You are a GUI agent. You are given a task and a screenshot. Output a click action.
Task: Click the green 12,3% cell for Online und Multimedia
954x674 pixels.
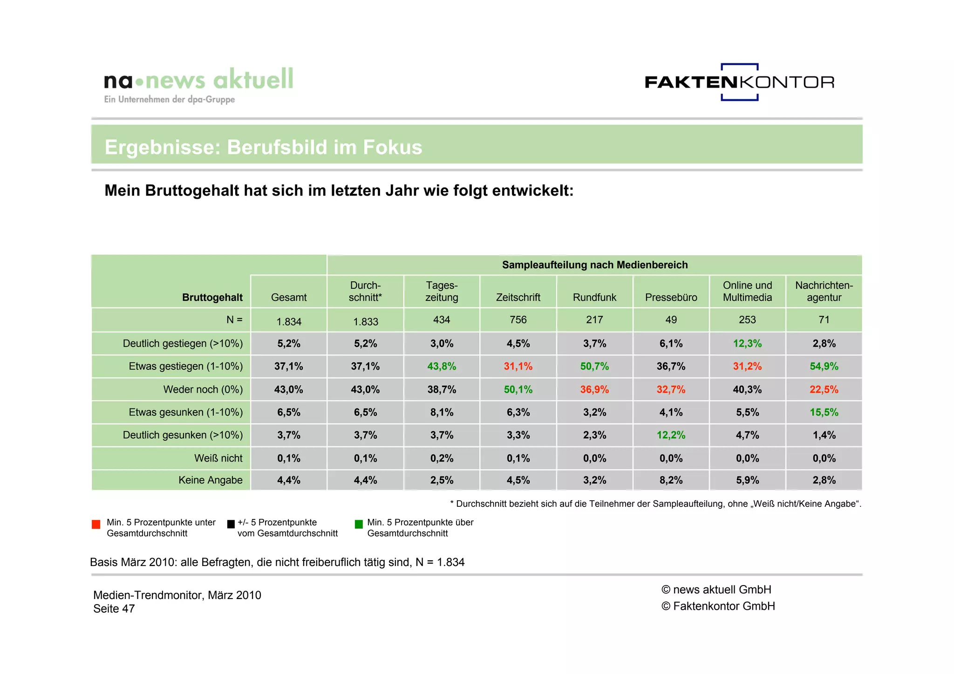[747, 344]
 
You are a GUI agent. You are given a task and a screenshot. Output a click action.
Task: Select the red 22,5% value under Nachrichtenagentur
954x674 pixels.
[824, 389]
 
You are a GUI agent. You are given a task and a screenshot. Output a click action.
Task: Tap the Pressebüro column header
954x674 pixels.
[671, 298]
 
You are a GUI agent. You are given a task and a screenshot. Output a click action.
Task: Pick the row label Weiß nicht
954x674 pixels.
[218, 458]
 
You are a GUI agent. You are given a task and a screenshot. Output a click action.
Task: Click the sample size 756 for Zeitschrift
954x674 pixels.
[518, 320]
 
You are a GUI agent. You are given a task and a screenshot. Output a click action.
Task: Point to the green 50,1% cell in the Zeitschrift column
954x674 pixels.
[518, 389]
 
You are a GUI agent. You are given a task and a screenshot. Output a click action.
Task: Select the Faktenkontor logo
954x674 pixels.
[739, 82]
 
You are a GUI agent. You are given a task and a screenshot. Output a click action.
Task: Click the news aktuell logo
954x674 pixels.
[199, 84]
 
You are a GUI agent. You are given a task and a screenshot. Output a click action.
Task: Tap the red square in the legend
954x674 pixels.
[96, 524]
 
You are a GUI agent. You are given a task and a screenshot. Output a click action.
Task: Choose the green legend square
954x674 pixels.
[359, 524]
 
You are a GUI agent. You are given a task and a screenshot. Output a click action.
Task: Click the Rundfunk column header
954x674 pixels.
[594, 298]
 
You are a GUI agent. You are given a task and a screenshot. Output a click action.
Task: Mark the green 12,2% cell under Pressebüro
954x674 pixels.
[671, 435]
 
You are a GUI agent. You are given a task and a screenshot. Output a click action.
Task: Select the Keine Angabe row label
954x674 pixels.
[210, 480]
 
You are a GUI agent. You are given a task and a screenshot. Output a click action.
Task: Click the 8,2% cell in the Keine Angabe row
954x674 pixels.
[671, 480]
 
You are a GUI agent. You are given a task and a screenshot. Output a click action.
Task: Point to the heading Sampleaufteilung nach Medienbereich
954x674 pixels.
[594, 265]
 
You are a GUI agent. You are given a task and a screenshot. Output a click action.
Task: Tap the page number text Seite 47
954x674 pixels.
[114, 609]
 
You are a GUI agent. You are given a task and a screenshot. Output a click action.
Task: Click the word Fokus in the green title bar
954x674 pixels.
[392, 148]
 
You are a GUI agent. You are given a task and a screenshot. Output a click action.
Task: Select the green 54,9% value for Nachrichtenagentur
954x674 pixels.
[824, 367]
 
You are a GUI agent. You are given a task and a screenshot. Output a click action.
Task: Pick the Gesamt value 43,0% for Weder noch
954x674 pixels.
[288, 389]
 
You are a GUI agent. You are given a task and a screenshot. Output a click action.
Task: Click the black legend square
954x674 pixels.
[231, 524]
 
